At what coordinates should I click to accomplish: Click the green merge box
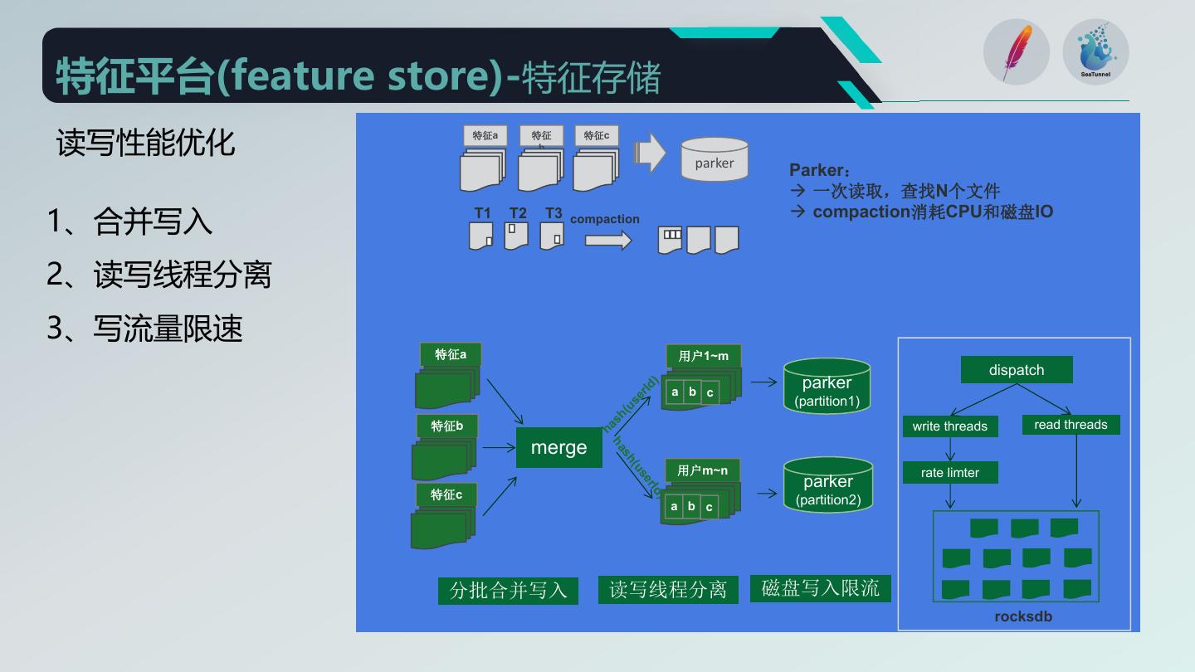[x=558, y=448]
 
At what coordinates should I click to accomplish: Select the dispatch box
[x=1017, y=370]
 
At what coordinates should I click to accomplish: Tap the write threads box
[x=949, y=426]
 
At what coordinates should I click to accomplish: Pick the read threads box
[x=1071, y=425]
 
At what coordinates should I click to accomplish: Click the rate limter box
[x=949, y=473]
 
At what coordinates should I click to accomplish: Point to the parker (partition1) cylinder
[x=827, y=387]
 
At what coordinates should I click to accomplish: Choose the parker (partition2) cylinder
[x=828, y=485]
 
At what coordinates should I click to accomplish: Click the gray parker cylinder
[x=714, y=160]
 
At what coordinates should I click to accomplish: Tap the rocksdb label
[x=1023, y=616]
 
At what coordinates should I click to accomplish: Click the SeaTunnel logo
[x=1095, y=51]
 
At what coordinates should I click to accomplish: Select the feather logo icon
[x=1017, y=51]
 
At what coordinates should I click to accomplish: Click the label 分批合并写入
[x=508, y=590]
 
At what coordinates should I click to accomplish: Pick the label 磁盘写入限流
[x=820, y=588]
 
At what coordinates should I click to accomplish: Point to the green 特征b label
[x=447, y=426]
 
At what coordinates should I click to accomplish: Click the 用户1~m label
[x=703, y=356]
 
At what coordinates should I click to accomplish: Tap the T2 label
[x=518, y=213]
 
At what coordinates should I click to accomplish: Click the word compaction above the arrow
[x=604, y=219]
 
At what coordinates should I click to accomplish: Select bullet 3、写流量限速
[x=144, y=329]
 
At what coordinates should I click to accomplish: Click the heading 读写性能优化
[x=145, y=143]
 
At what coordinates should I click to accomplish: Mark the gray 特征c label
[x=596, y=135]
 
